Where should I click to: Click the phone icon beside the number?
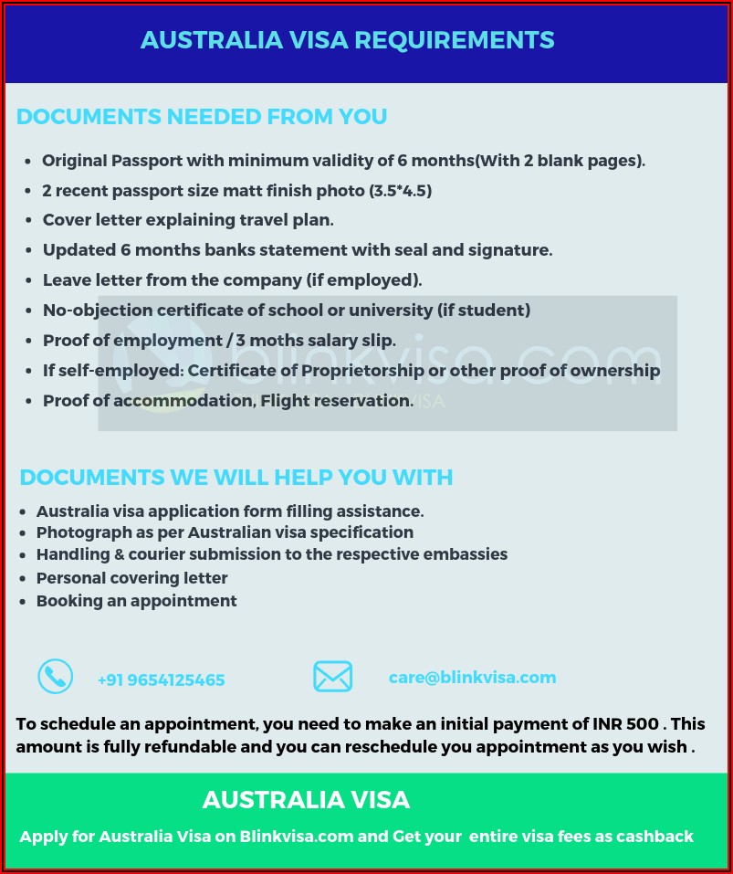55,677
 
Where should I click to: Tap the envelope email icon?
332,677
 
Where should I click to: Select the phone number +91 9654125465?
161,679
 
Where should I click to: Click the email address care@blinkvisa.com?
472,677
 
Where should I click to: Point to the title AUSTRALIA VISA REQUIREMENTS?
347,40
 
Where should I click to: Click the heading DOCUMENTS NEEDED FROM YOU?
202,117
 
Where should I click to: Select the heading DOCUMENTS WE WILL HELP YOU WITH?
236,478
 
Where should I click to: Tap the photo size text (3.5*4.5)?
400,191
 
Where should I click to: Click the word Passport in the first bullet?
146,161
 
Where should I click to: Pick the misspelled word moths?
273,341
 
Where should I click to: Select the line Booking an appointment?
136,601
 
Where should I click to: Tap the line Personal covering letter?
131,578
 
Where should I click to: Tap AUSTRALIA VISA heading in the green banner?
306,800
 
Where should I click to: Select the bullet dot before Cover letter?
29,221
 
